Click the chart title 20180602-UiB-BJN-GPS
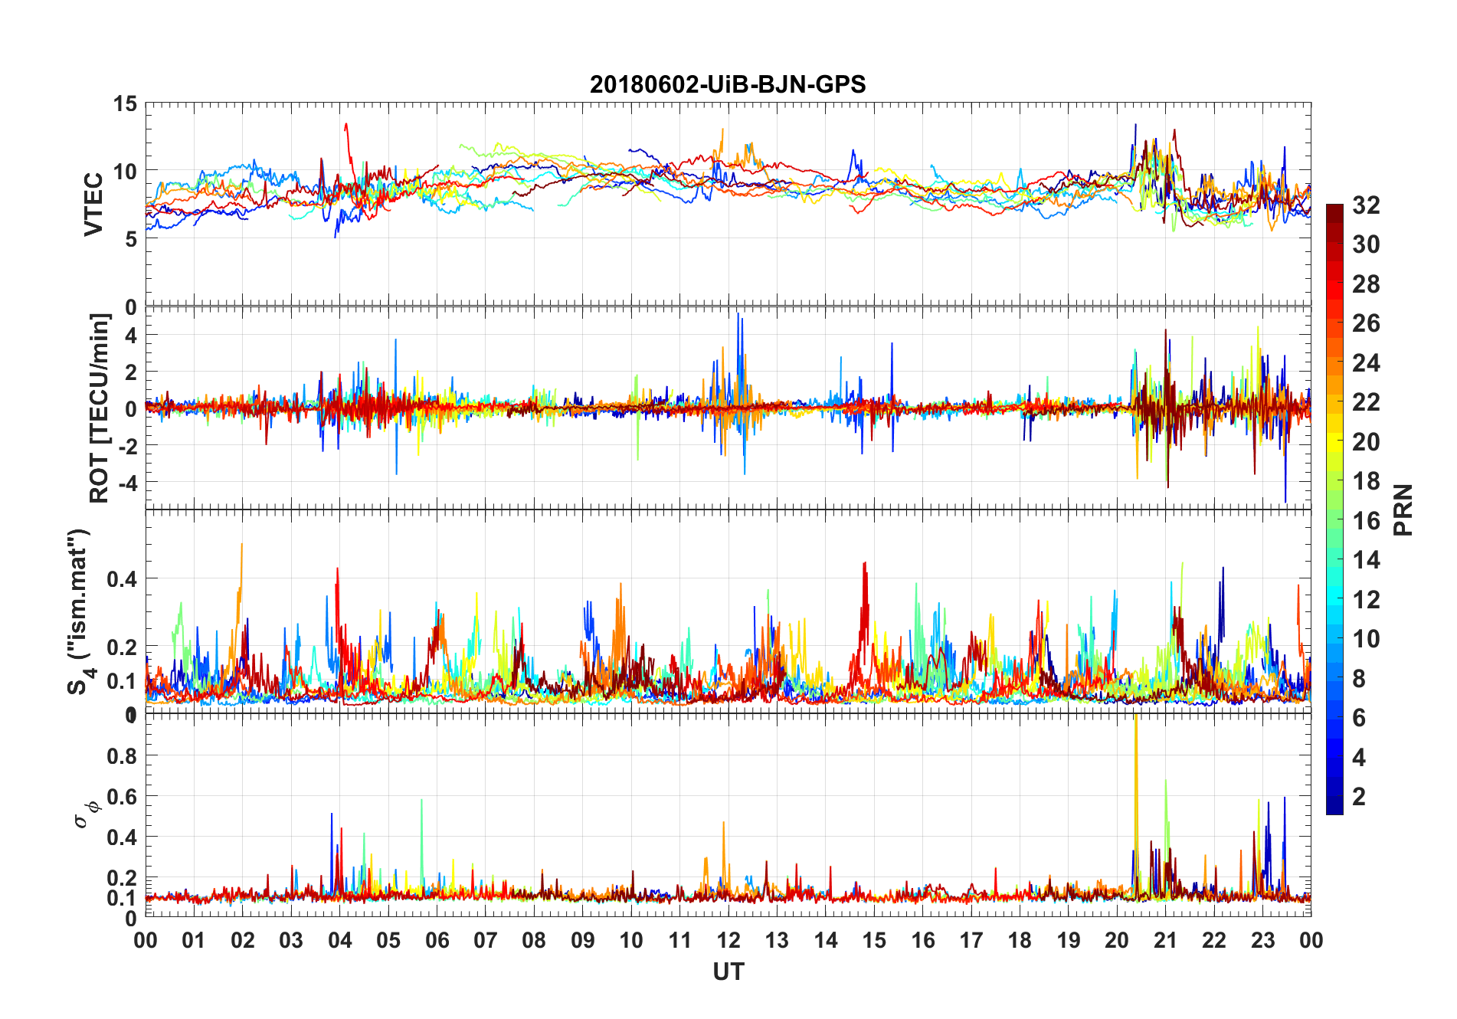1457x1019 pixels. point(728,84)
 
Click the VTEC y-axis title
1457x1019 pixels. point(93,205)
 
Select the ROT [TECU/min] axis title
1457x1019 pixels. point(100,408)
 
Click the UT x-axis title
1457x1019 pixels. point(728,972)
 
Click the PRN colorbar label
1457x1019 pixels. point(1403,509)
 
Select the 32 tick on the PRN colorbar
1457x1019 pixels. point(1366,205)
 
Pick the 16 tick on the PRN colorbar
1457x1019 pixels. point(1366,521)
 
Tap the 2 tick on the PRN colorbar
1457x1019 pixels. point(1359,797)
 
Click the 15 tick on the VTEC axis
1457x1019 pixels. point(125,103)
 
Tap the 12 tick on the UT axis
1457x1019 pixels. point(728,940)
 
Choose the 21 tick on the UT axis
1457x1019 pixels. point(1165,940)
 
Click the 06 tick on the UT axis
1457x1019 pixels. point(437,940)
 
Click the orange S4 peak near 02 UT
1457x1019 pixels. point(242,546)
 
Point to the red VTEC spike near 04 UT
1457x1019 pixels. point(346,125)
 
